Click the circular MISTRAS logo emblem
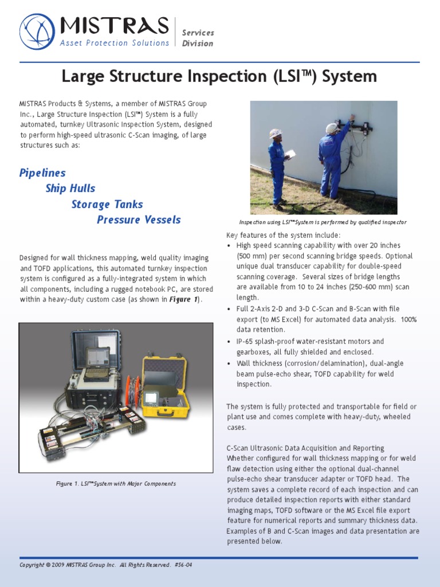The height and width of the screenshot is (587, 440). [37, 32]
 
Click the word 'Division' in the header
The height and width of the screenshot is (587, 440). [197, 44]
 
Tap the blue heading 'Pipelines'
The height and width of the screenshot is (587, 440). [42, 173]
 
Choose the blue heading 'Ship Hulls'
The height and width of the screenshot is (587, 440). [70, 188]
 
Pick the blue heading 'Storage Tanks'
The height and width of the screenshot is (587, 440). [107, 204]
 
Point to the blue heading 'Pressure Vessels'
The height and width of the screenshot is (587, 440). [139, 220]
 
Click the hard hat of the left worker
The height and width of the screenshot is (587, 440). [276, 134]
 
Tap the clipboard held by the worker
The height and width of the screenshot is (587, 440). [290, 154]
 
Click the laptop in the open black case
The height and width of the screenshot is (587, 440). [97, 361]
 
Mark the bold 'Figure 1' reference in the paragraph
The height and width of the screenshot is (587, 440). [183, 299]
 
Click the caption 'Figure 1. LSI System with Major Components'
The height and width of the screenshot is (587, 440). [116, 484]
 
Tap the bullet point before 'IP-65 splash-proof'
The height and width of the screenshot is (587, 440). [229, 342]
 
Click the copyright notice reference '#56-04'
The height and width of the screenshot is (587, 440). [183, 565]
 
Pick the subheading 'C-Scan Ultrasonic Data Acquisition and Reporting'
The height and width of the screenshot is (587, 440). [305, 448]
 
